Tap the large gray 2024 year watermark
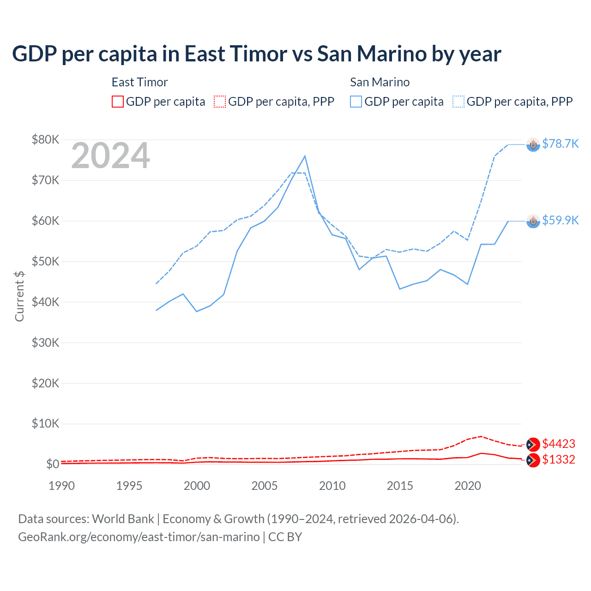(110, 156)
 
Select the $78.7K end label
(560, 144)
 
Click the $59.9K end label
(560, 220)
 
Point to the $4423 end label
(558, 444)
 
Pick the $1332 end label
(558, 459)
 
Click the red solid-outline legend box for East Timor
(118, 102)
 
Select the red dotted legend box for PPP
(220, 102)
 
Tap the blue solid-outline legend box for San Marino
(356, 102)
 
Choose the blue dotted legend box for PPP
(458, 102)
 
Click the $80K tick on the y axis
(45, 139)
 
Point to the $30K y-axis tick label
(45, 343)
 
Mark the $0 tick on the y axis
(52, 464)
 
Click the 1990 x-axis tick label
(61, 486)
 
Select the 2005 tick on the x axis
(265, 486)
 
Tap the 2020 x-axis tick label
(468, 486)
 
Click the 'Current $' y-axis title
(19, 296)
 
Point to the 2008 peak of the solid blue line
(305, 156)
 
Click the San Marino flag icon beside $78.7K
(533, 145)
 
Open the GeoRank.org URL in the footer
(139, 537)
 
